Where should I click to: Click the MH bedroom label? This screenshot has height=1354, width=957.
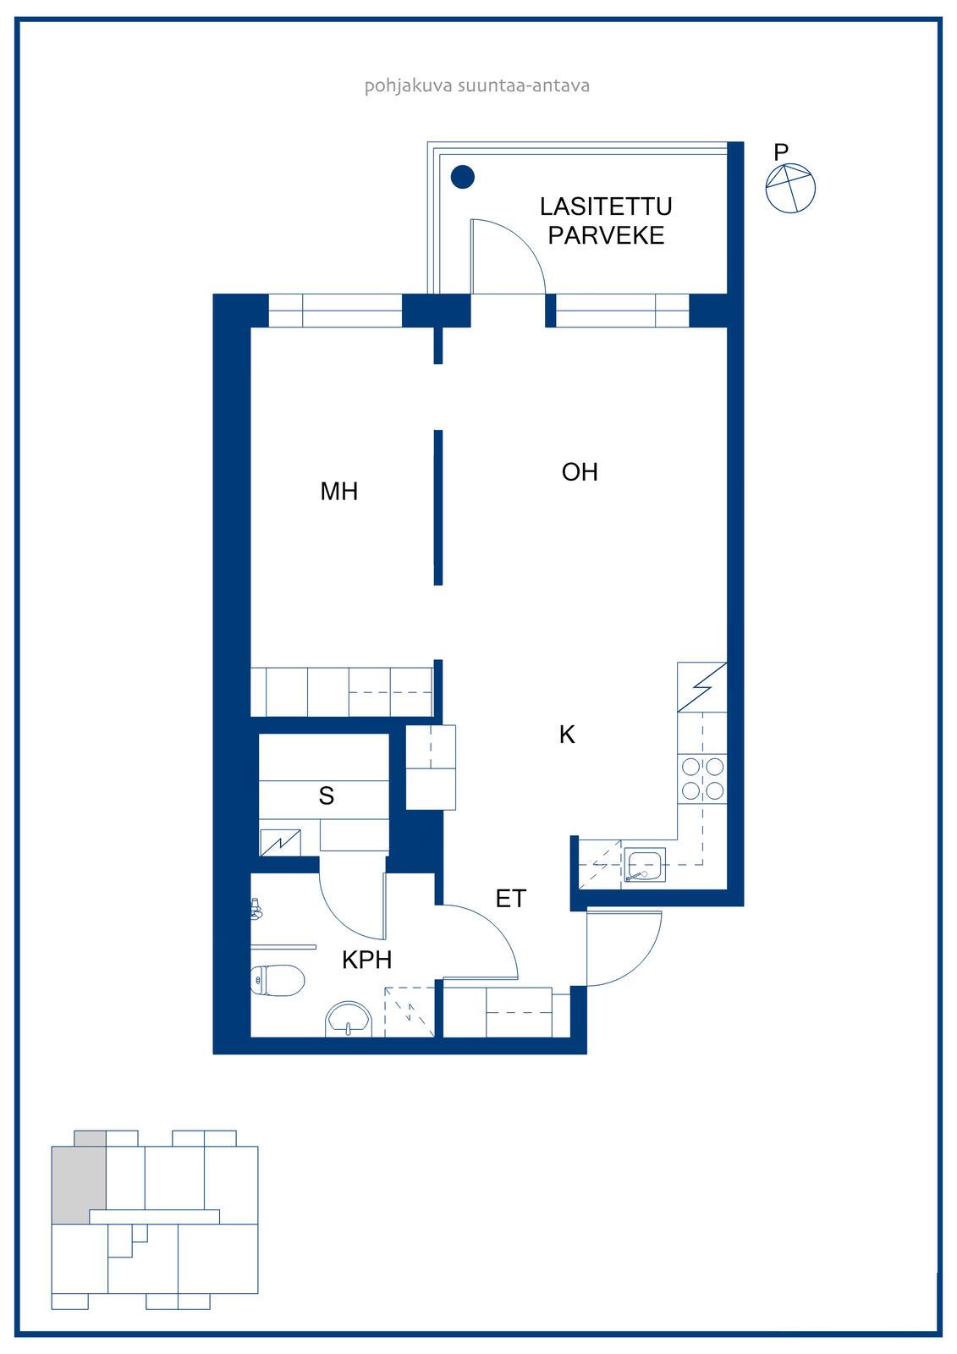338,492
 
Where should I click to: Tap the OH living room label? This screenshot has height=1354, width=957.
580,472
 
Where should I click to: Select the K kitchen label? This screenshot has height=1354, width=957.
567,735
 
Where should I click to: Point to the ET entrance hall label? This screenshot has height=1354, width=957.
511,899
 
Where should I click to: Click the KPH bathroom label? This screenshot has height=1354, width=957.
367,960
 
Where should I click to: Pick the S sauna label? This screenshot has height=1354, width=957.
327,796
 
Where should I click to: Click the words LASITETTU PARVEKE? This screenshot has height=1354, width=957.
606,221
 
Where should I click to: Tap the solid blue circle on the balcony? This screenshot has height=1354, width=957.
463,177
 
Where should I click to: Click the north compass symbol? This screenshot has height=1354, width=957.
790,188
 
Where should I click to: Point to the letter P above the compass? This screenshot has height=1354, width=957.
781,151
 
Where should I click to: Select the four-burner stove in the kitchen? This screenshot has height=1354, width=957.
702,779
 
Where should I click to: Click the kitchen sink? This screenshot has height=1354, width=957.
645,864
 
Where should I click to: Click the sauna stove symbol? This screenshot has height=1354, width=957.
281,842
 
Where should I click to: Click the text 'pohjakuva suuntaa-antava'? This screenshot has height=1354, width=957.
477,85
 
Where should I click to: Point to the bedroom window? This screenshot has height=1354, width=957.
335,311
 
